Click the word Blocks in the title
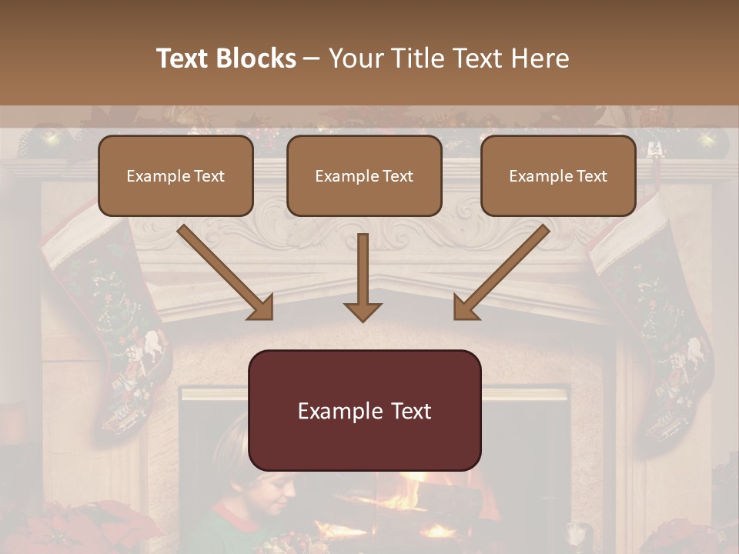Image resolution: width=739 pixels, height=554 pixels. coord(255,58)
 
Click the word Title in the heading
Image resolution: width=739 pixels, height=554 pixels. coord(415,58)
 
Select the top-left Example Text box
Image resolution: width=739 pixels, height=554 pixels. coord(176,175)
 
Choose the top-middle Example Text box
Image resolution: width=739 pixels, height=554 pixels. coord(364,175)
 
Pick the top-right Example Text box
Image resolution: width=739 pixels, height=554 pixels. coord(558,175)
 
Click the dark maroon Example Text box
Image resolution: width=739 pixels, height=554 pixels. coord(364,410)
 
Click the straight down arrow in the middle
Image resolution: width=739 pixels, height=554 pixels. coord(363,277)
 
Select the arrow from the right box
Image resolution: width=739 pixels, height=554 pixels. coord(501,272)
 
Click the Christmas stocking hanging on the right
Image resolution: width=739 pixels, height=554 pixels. coord(654,323)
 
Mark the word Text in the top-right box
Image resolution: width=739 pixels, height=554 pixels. coord(591,175)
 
